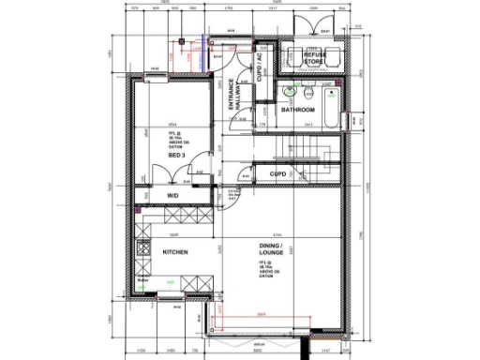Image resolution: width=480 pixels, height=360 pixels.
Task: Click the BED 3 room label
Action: (x=175, y=156)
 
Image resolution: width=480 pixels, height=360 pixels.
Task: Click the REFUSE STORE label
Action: (x=315, y=59)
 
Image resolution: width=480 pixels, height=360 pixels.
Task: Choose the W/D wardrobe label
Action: (x=172, y=195)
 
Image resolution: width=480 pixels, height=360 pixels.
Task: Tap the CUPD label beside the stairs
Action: (x=277, y=174)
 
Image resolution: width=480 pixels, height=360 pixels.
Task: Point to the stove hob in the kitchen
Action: (x=143, y=250)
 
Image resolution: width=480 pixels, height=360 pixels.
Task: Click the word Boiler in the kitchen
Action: (x=143, y=279)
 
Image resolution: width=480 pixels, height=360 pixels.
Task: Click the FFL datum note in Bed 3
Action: (x=175, y=138)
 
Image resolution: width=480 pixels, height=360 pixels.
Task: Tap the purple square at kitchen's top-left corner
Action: (x=138, y=211)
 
